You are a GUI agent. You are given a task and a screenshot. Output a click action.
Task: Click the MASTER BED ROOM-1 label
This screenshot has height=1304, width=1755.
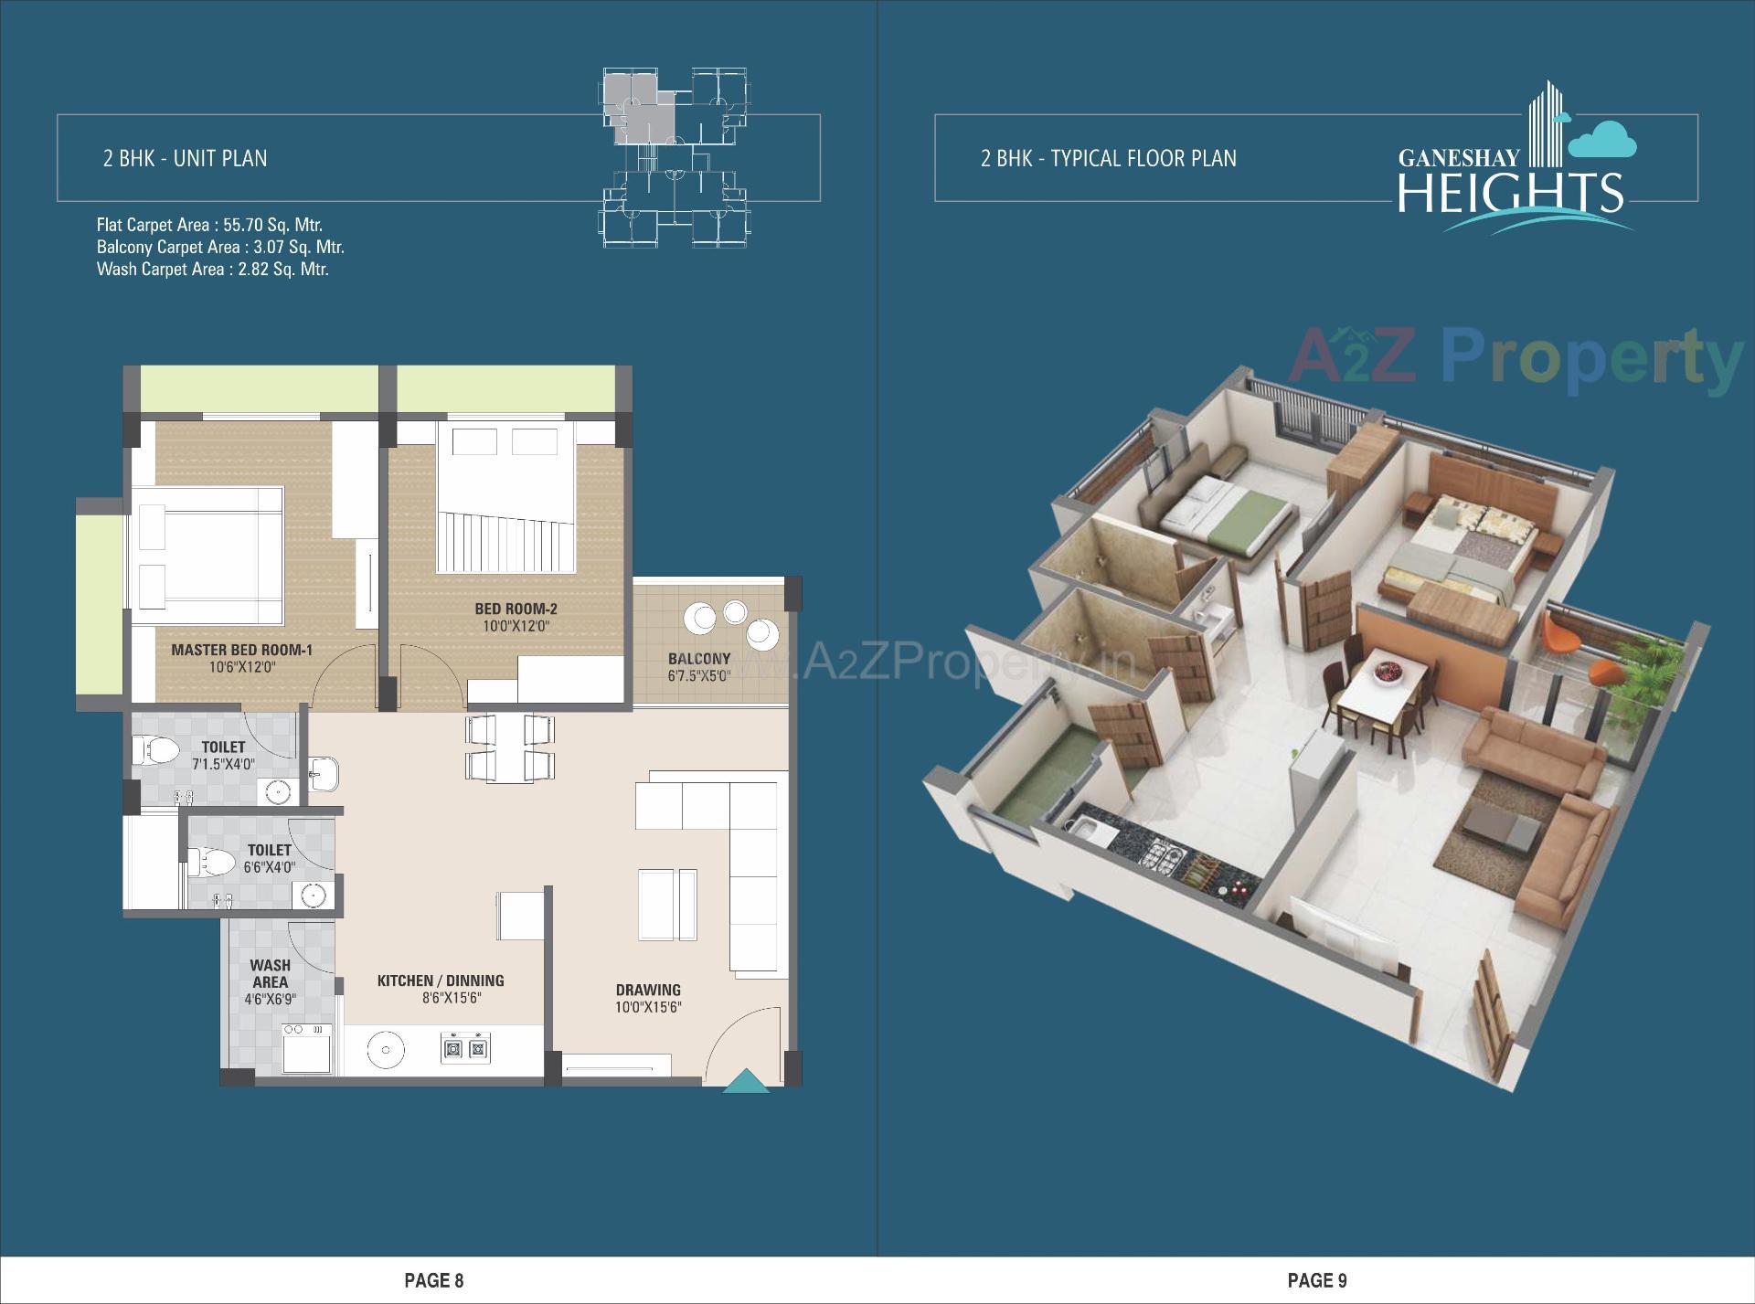[242, 650]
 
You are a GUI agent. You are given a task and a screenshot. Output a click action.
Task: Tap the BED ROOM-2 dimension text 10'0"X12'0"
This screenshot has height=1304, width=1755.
[516, 627]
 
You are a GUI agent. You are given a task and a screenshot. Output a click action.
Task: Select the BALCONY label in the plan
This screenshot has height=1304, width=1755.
[699, 659]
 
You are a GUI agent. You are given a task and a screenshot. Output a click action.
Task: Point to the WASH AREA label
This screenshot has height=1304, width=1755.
[270, 973]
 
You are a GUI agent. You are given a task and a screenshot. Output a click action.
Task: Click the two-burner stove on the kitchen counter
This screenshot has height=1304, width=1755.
[466, 1047]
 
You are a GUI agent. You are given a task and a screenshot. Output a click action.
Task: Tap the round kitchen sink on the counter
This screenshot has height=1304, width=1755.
[385, 1050]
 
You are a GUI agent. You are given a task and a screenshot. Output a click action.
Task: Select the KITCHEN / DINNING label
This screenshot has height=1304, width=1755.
[441, 981]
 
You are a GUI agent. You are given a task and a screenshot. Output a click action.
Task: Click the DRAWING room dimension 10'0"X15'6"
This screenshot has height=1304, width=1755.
[648, 1008]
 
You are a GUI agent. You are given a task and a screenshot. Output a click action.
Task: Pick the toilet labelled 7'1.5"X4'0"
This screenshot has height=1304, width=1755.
[223, 755]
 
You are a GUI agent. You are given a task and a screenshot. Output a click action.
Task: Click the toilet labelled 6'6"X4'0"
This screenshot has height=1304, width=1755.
[269, 858]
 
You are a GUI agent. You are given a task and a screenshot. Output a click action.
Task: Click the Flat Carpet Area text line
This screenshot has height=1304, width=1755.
[209, 225]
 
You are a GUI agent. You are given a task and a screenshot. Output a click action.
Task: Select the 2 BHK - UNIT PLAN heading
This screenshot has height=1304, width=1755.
[186, 158]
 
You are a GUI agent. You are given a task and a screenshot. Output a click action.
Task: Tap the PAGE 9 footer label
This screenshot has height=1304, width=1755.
[1316, 1280]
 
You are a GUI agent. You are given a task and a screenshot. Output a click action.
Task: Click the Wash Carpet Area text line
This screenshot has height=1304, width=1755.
[212, 270]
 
